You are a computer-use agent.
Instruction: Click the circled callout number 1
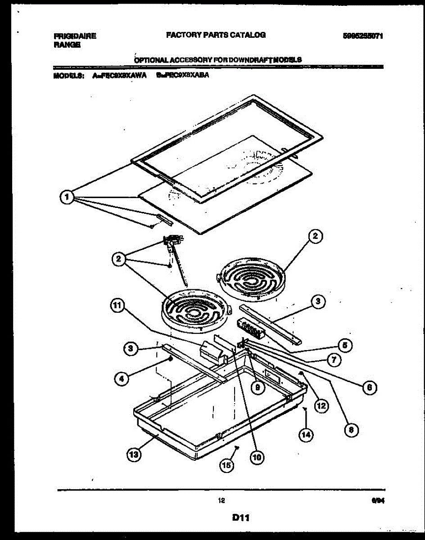tap(67, 197)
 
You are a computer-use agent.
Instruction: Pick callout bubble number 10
tap(256, 458)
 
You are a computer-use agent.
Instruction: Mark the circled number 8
tap(351, 430)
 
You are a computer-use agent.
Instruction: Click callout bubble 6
tap(369, 387)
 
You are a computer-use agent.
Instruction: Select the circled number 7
tap(334, 360)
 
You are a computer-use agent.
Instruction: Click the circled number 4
tap(120, 379)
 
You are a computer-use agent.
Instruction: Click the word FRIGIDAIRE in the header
tap(75, 36)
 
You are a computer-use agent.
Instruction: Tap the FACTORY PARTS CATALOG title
tap(216, 35)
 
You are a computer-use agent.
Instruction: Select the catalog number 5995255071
tap(362, 36)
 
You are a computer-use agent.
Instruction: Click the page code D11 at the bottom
tap(241, 518)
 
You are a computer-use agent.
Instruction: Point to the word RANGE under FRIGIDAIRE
tap(67, 45)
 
